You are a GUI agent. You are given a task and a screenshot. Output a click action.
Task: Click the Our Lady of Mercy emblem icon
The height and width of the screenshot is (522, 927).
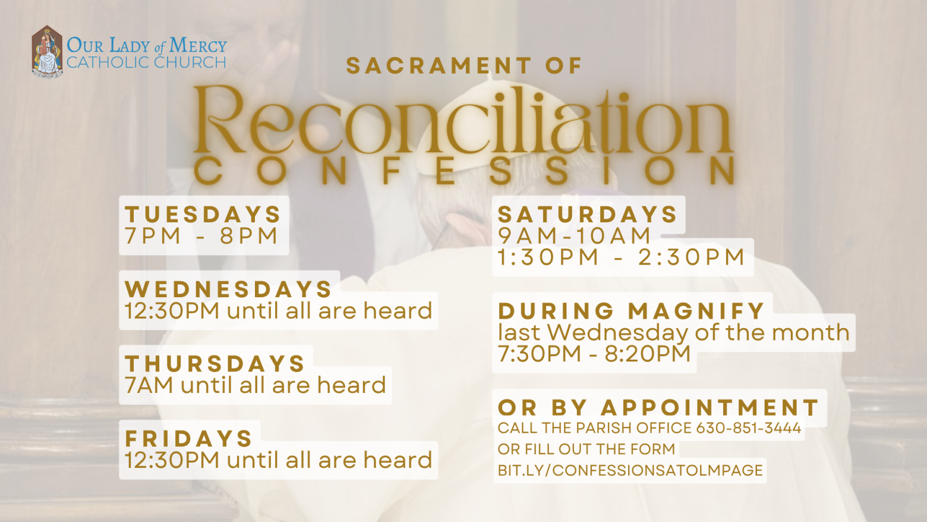[x=47, y=51]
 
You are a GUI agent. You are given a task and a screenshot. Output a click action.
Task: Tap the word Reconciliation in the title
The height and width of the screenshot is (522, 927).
[x=463, y=121]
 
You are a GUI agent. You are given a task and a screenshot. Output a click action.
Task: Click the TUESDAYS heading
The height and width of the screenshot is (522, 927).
[x=203, y=215]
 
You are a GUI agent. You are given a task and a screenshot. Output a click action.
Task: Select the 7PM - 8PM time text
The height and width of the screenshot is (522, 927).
[x=201, y=236]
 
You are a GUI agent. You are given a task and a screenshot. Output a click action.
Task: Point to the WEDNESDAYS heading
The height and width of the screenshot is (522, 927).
[x=228, y=289]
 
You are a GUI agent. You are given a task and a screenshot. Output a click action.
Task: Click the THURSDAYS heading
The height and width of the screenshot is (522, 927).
[x=215, y=364]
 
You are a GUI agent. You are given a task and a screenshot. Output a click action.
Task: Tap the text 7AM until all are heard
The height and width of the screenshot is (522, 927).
[x=256, y=385]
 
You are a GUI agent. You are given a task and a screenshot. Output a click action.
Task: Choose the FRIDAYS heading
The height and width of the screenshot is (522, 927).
[x=189, y=438]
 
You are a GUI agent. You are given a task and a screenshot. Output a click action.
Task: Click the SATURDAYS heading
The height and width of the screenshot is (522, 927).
[x=587, y=215]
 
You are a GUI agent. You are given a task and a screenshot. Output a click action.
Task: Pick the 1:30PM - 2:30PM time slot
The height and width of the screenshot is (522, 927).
[x=621, y=257]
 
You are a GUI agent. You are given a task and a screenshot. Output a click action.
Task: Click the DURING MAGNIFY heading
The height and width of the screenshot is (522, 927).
[x=632, y=311]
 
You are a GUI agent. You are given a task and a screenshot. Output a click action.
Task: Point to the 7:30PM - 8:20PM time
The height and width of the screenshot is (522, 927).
[x=594, y=354]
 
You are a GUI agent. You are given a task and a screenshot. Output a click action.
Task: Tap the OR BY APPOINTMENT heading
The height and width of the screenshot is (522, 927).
[x=658, y=407]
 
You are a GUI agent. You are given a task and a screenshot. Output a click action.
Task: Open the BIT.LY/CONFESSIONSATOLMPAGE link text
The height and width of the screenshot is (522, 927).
[x=630, y=471]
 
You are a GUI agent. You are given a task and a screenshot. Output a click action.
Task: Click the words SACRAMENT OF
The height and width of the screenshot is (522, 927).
[x=464, y=66]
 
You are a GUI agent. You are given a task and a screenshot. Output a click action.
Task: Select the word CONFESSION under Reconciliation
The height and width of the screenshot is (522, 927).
[x=463, y=171]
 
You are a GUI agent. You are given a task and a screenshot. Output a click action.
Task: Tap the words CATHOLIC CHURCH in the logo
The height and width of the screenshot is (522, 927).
[x=147, y=62]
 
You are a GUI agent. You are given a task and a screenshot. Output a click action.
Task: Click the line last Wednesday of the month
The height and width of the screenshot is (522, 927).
[x=674, y=332]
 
